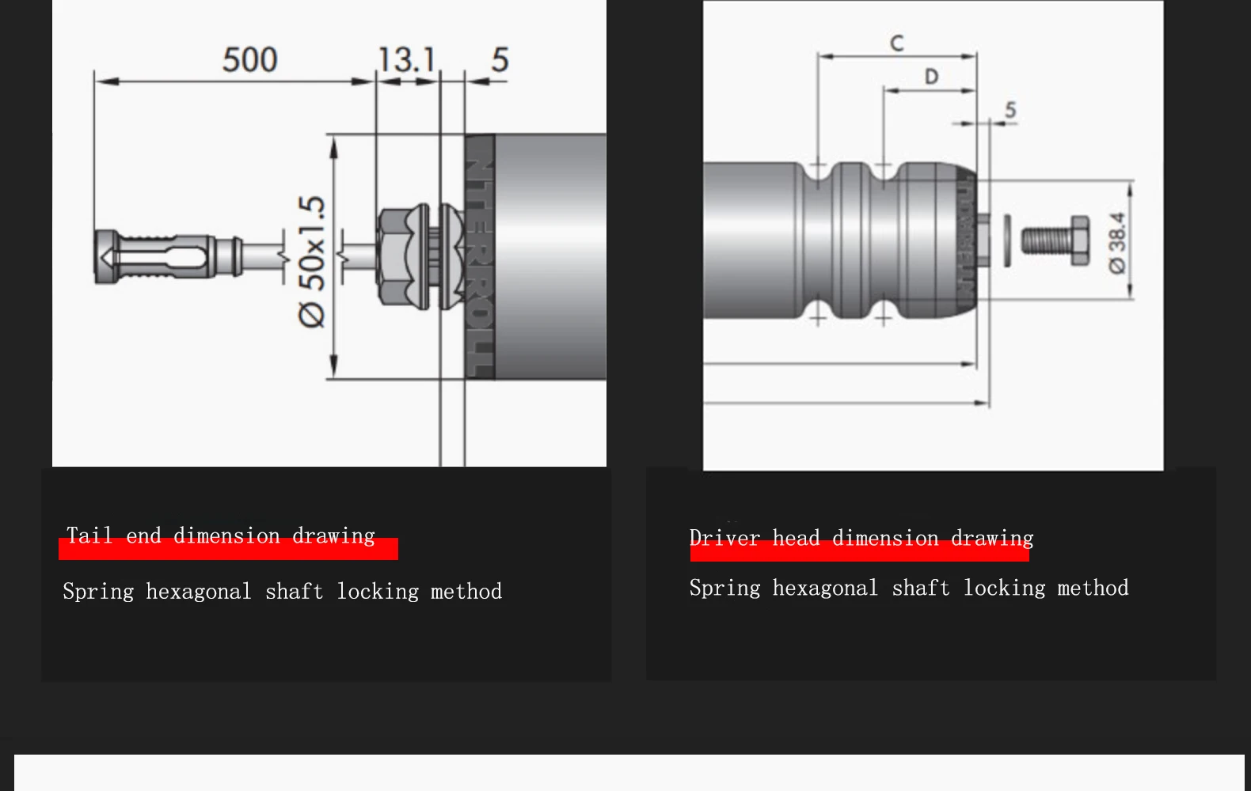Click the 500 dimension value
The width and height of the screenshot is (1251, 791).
pyautogui.click(x=249, y=60)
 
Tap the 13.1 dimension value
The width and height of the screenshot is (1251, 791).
pyautogui.click(x=406, y=60)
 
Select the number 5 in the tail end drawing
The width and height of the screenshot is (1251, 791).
pyautogui.click(x=500, y=60)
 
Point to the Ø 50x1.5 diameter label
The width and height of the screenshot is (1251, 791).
pyautogui.click(x=312, y=261)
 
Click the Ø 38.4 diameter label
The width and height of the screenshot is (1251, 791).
pyautogui.click(x=1117, y=242)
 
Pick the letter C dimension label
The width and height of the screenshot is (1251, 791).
pyautogui.click(x=896, y=43)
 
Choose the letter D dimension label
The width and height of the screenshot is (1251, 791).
pyautogui.click(x=931, y=77)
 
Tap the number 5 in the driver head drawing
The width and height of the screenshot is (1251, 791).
pyautogui.click(x=1010, y=110)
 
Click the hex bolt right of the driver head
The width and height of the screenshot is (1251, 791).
pyautogui.click(x=1055, y=240)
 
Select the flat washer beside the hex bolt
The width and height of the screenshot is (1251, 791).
pyautogui.click(x=1007, y=240)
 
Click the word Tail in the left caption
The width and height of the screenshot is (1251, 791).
pyautogui.click(x=89, y=536)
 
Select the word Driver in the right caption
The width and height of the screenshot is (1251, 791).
pyautogui.click(x=724, y=538)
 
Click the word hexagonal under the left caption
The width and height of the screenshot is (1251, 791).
pyautogui.click(x=198, y=592)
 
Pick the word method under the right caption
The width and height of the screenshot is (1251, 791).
pyautogui.click(x=1093, y=588)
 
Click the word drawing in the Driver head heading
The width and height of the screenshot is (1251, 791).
pyautogui.click(x=992, y=538)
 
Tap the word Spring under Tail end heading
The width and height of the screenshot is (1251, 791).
pyautogui.click(x=98, y=592)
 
